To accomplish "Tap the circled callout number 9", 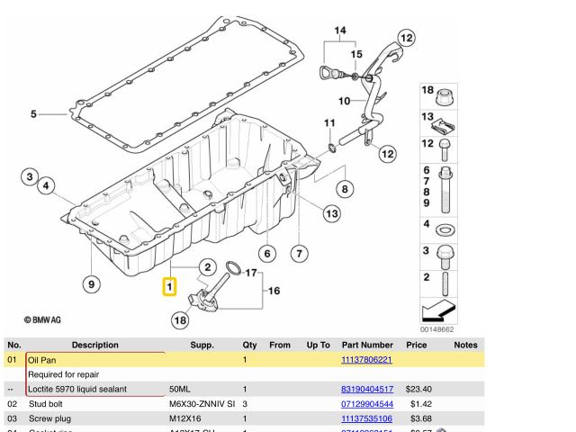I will tap(91, 284).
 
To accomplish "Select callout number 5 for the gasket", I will tap(33, 114).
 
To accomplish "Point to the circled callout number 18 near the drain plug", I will tap(181, 319).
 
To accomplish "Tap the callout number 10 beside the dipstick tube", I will tap(344, 100).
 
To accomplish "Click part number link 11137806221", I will tap(366, 360).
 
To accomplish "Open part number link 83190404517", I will tap(366, 389).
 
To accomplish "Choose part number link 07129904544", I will tap(366, 404).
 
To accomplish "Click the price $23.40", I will tap(418, 389).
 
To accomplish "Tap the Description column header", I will tap(94, 345).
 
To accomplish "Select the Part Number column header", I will tap(367, 345).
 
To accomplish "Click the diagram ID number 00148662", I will tap(438, 330).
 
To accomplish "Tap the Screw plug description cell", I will tap(53, 418).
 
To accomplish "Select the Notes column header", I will tap(465, 345).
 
